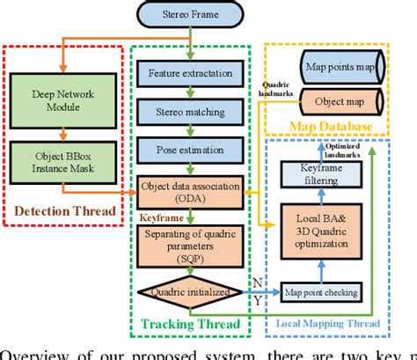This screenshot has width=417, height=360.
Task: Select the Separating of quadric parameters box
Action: (x=188, y=246)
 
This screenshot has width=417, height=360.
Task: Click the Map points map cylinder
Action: (x=338, y=66)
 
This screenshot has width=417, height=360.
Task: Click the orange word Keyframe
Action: (x=162, y=214)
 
